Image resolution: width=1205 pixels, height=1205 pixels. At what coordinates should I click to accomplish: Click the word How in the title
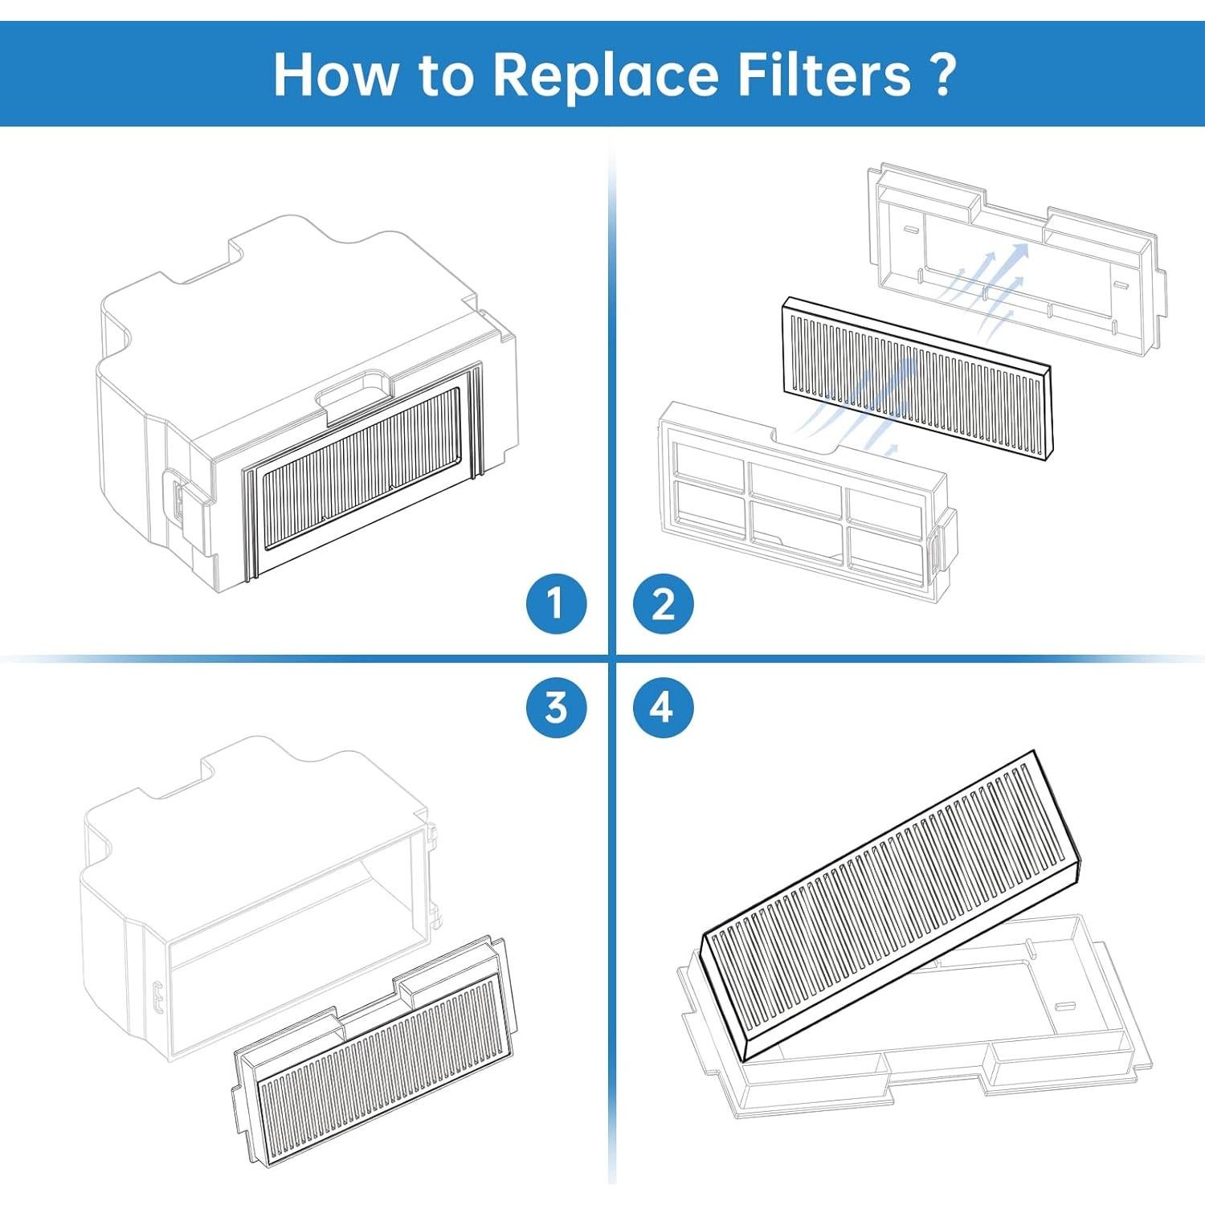pyautogui.click(x=335, y=74)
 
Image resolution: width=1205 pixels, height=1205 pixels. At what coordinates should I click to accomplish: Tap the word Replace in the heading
pyautogui.click(x=605, y=74)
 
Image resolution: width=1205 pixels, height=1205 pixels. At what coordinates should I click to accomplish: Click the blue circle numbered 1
pyautogui.click(x=556, y=603)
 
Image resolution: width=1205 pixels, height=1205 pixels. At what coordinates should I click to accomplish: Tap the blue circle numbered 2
pyautogui.click(x=663, y=603)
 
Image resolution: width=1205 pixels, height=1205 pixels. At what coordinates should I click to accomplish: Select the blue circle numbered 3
pyautogui.click(x=556, y=708)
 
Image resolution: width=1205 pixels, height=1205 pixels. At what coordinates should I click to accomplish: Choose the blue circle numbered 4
pyautogui.click(x=663, y=708)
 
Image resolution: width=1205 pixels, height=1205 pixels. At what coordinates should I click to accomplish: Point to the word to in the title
pyautogui.click(x=444, y=74)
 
